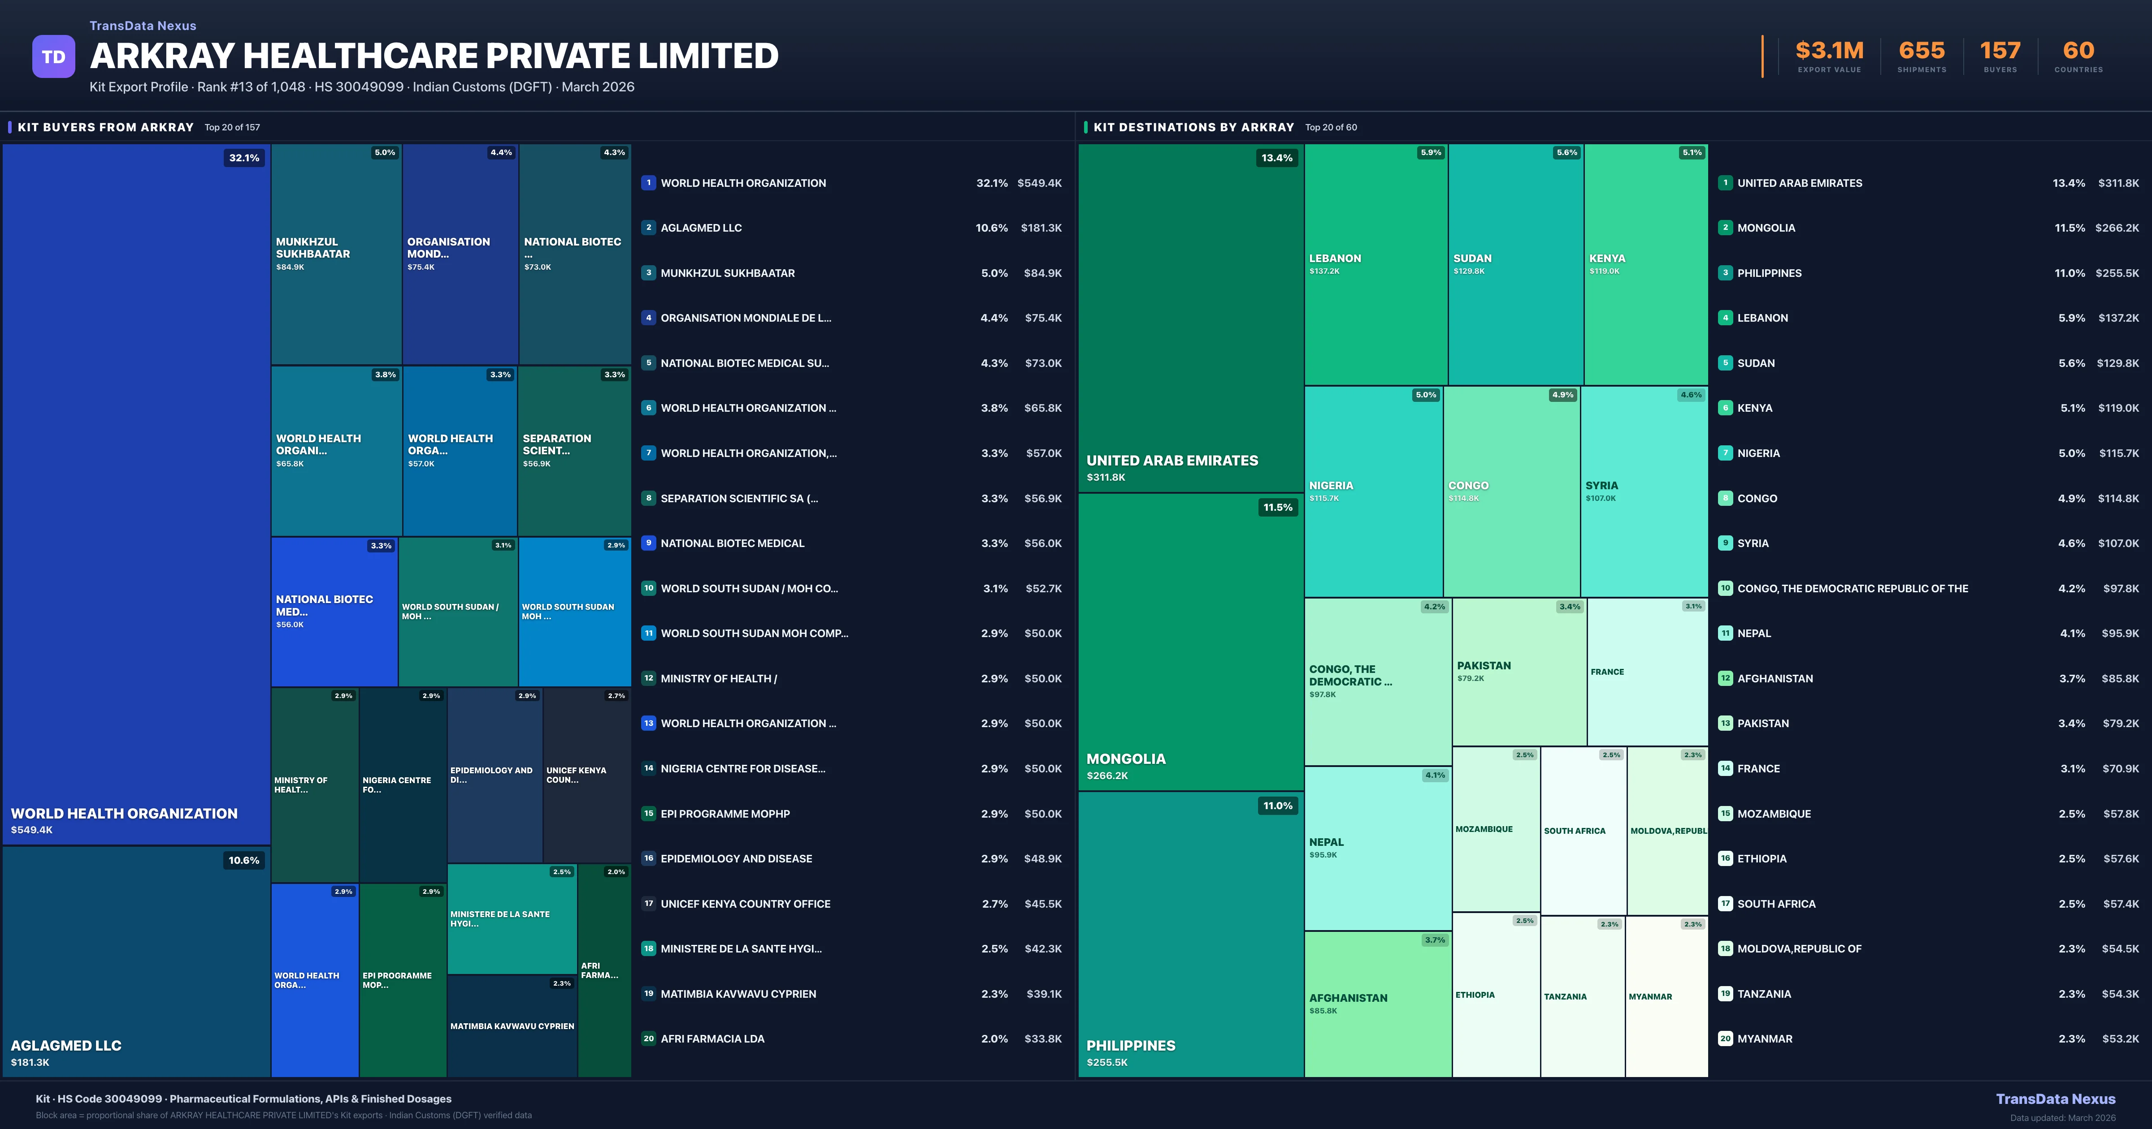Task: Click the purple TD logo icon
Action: [x=53, y=57]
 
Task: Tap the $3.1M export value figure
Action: [x=1829, y=51]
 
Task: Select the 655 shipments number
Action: [x=1922, y=51]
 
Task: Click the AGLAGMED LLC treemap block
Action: [x=136, y=960]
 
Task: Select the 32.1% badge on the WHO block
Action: [x=244, y=158]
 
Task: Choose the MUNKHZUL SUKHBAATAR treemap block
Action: [x=336, y=254]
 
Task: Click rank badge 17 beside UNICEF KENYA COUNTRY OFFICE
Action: [x=648, y=904]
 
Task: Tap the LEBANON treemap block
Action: [x=1375, y=264]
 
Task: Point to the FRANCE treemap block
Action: [x=1647, y=672]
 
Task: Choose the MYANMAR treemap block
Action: [x=1666, y=996]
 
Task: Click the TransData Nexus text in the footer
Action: [x=2055, y=1099]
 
